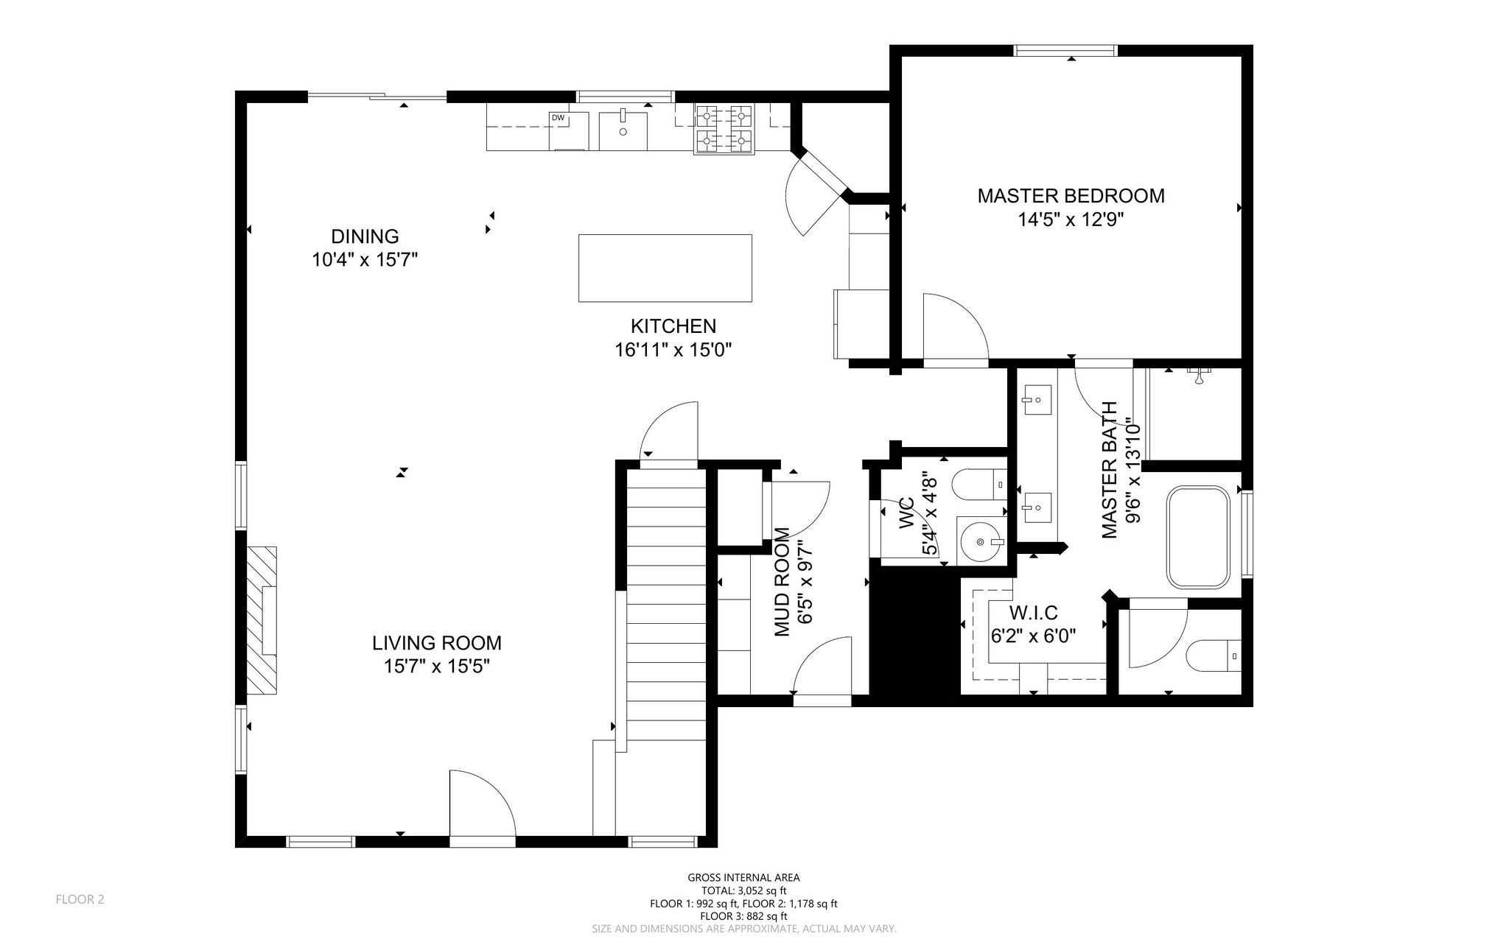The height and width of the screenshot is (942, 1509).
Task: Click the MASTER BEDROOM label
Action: pos(1071,196)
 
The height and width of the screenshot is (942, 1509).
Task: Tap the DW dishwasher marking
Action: pos(558,118)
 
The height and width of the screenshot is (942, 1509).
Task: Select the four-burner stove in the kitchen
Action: pos(724,130)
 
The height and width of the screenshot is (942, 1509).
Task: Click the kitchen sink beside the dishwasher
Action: pos(623,130)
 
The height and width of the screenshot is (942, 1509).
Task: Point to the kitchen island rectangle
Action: pos(665,268)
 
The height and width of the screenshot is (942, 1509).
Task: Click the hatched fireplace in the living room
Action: pos(262,620)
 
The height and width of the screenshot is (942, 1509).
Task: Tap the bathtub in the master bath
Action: pos(1198,537)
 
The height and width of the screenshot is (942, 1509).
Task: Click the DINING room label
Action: pos(365,236)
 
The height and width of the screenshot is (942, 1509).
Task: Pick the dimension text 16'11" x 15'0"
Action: pos(673,349)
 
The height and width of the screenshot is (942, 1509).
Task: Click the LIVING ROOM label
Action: pos(437,643)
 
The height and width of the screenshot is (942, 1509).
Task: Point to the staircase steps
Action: pos(666,611)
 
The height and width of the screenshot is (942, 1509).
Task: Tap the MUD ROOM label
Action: pos(782,582)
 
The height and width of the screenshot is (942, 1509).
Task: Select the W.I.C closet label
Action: pos(1033,613)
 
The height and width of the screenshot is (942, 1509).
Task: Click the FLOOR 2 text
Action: pos(80,899)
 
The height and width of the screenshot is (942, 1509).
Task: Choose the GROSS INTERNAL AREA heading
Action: pos(743,877)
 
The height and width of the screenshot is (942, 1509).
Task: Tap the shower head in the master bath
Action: pos(1200,377)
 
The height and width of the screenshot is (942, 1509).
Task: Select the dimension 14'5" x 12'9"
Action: pos(1071,219)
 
